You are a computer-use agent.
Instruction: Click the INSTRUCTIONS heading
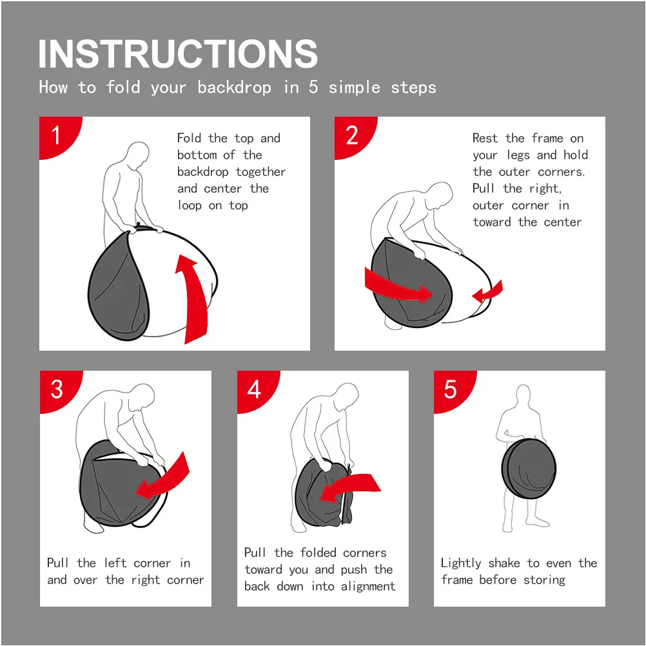(178, 54)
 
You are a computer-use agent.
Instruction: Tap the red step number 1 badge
(57, 135)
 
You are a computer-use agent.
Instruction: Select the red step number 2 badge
(353, 135)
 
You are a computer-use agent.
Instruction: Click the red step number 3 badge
(58, 389)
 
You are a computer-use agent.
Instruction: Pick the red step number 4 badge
(255, 389)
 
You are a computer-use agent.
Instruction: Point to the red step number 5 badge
(452, 389)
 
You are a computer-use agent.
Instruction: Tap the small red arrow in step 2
(489, 292)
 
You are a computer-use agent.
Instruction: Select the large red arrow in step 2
(398, 286)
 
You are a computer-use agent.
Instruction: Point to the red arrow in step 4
(350, 486)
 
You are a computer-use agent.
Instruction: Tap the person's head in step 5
(523, 395)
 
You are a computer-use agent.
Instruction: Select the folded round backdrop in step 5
(529, 469)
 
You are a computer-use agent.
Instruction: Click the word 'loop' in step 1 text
(190, 205)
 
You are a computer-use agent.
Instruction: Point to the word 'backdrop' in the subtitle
(234, 87)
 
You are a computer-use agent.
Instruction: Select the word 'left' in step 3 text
(115, 563)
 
